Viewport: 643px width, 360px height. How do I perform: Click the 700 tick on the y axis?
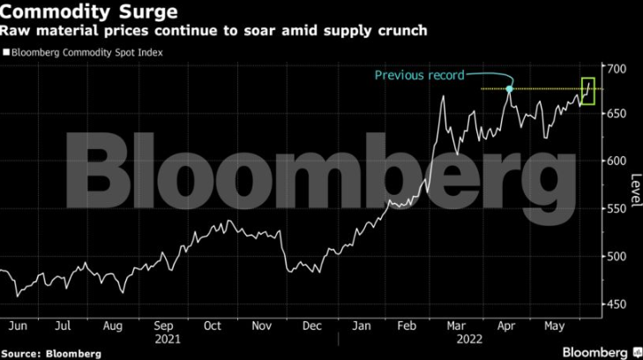617,69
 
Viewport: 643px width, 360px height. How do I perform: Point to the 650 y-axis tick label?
617,115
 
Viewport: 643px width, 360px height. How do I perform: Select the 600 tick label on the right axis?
617,161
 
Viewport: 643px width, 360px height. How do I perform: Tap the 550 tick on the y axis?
617,209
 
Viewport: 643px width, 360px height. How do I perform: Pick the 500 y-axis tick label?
617,257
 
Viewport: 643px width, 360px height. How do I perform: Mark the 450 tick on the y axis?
617,304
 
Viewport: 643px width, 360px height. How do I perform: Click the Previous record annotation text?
419,75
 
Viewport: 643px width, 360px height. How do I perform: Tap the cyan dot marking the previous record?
510,89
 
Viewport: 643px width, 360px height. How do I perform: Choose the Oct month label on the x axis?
212,325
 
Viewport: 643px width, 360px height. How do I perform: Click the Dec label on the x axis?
310,325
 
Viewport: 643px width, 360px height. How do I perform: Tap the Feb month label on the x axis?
408,325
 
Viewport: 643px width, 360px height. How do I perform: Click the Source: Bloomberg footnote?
51,353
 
